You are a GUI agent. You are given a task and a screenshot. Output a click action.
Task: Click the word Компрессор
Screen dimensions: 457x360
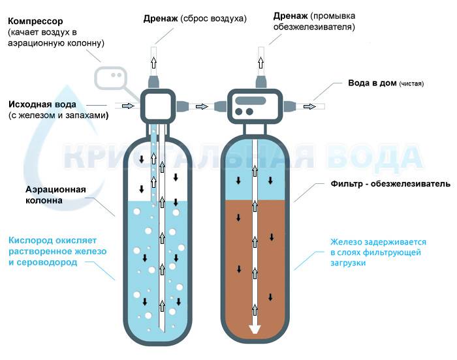35,22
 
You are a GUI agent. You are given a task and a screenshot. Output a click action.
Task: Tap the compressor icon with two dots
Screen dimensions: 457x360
110,77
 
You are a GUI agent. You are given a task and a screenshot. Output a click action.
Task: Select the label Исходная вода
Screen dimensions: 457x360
42,104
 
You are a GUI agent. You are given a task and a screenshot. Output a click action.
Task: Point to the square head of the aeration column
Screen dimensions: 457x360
158,105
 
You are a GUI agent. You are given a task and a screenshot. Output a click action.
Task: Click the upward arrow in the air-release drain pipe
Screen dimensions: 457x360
153,63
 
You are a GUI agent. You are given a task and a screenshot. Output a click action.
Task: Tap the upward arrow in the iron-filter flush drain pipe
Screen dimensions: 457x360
261,63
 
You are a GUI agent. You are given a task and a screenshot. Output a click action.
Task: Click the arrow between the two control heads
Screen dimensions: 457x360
202,106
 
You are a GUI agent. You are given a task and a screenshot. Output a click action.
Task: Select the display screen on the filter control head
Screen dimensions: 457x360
251,101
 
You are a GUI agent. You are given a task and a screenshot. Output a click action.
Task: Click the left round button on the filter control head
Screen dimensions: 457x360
239,112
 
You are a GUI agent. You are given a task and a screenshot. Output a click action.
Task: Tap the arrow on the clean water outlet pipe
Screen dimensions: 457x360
309,106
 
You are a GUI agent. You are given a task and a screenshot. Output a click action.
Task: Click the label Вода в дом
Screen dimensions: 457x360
372,83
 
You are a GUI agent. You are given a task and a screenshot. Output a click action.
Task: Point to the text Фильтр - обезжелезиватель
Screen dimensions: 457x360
390,184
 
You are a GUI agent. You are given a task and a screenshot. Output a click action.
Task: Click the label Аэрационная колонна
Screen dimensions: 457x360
55,195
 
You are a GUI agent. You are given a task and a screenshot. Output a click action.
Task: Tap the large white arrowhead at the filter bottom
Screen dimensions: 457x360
255,329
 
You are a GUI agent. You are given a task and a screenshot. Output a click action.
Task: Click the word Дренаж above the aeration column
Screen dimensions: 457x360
161,19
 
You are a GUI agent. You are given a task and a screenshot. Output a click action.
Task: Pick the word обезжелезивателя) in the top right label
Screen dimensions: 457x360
314,27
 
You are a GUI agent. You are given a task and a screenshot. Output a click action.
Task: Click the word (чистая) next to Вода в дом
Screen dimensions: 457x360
411,84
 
